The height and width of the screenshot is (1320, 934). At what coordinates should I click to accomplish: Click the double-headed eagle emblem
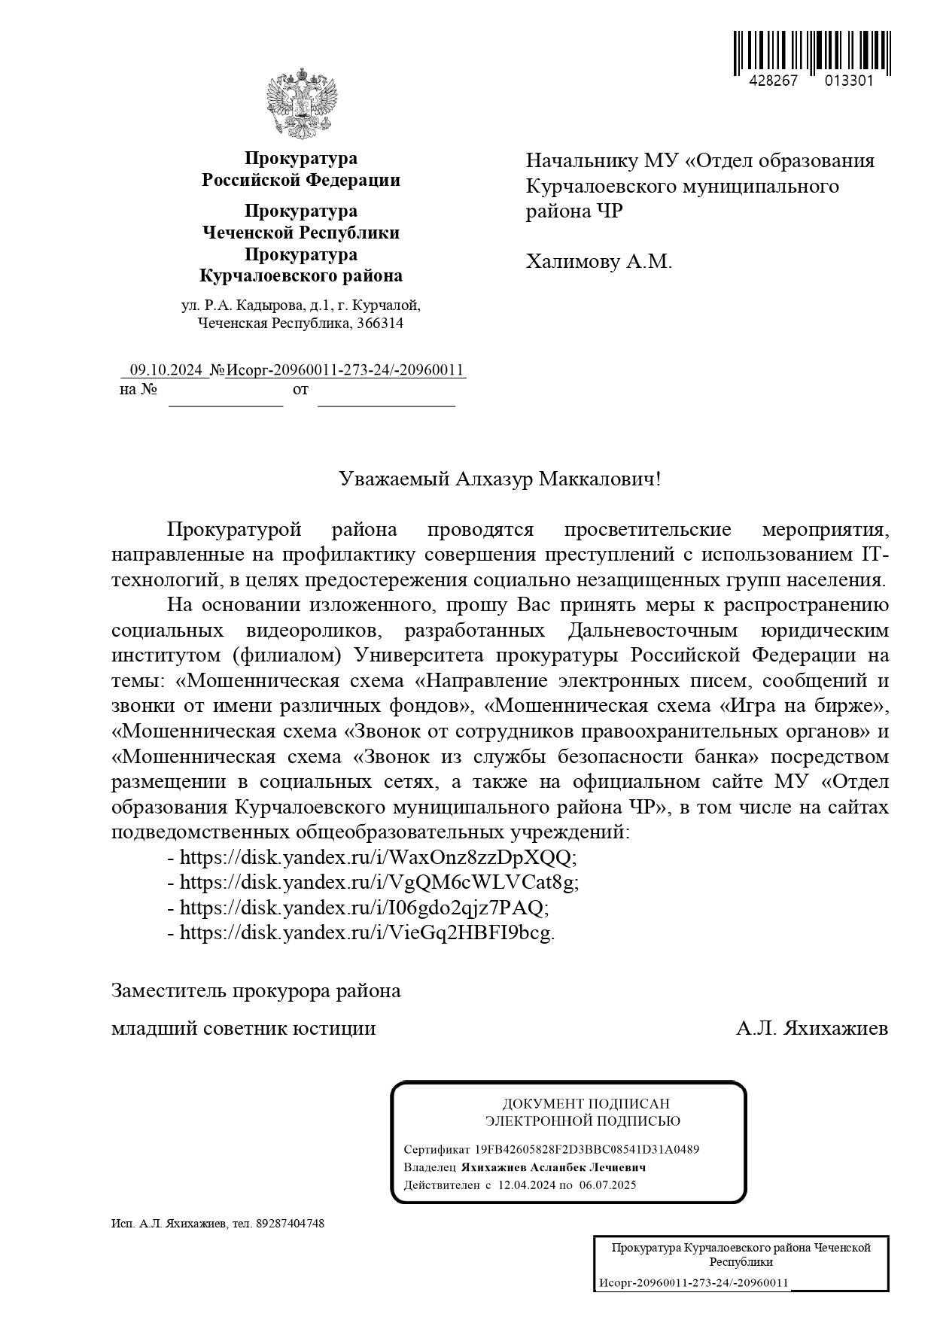301,103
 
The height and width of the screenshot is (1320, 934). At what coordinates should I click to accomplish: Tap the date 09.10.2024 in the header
166,370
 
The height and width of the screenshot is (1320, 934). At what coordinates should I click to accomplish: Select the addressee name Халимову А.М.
598,262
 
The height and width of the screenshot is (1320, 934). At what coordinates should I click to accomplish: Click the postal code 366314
381,324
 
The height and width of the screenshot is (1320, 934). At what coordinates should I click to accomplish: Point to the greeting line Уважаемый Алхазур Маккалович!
500,479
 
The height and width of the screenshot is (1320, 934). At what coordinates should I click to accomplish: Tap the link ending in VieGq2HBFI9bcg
367,932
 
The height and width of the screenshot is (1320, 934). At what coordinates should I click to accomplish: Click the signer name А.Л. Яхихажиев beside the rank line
812,1028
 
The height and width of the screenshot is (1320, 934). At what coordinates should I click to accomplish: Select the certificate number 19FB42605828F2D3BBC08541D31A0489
587,1149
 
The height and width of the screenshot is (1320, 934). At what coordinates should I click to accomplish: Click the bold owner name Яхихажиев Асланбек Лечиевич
554,1167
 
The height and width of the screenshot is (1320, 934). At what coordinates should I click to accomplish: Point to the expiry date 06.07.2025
608,1185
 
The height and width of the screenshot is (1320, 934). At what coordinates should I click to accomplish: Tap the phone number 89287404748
291,1224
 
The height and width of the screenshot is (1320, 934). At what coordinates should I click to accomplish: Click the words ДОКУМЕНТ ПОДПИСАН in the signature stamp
586,1104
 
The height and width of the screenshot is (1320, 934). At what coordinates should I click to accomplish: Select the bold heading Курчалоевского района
300,276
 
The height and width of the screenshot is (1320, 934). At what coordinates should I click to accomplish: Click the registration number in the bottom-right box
693,1283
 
